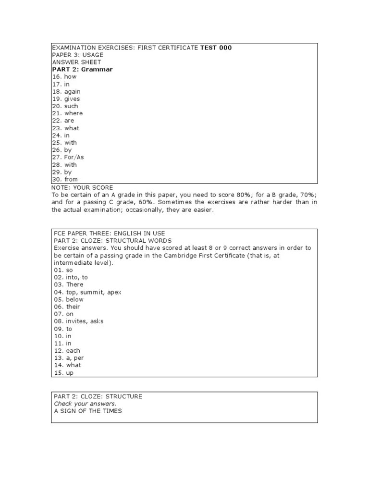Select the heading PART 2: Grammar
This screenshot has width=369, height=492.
click(x=82, y=70)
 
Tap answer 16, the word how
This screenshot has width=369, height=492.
click(x=70, y=77)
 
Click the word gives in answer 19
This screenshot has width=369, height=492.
click(x=72, y=99)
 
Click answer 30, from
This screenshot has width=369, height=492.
click(x=71, y=180)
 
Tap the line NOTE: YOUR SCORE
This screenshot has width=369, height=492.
click(x=82, y=187)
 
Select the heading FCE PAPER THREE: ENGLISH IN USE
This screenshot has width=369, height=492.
click(x=109, y=233)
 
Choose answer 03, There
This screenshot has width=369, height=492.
click(x=74, y=284)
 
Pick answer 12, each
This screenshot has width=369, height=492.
click(x=73, y=351)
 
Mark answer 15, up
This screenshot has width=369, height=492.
click(x=70, y=373)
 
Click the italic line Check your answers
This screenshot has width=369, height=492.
click(x=85, y=404)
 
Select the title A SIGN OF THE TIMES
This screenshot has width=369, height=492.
click(x=87, y=411)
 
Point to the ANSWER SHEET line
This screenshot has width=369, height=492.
click(x=76, y=62)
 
